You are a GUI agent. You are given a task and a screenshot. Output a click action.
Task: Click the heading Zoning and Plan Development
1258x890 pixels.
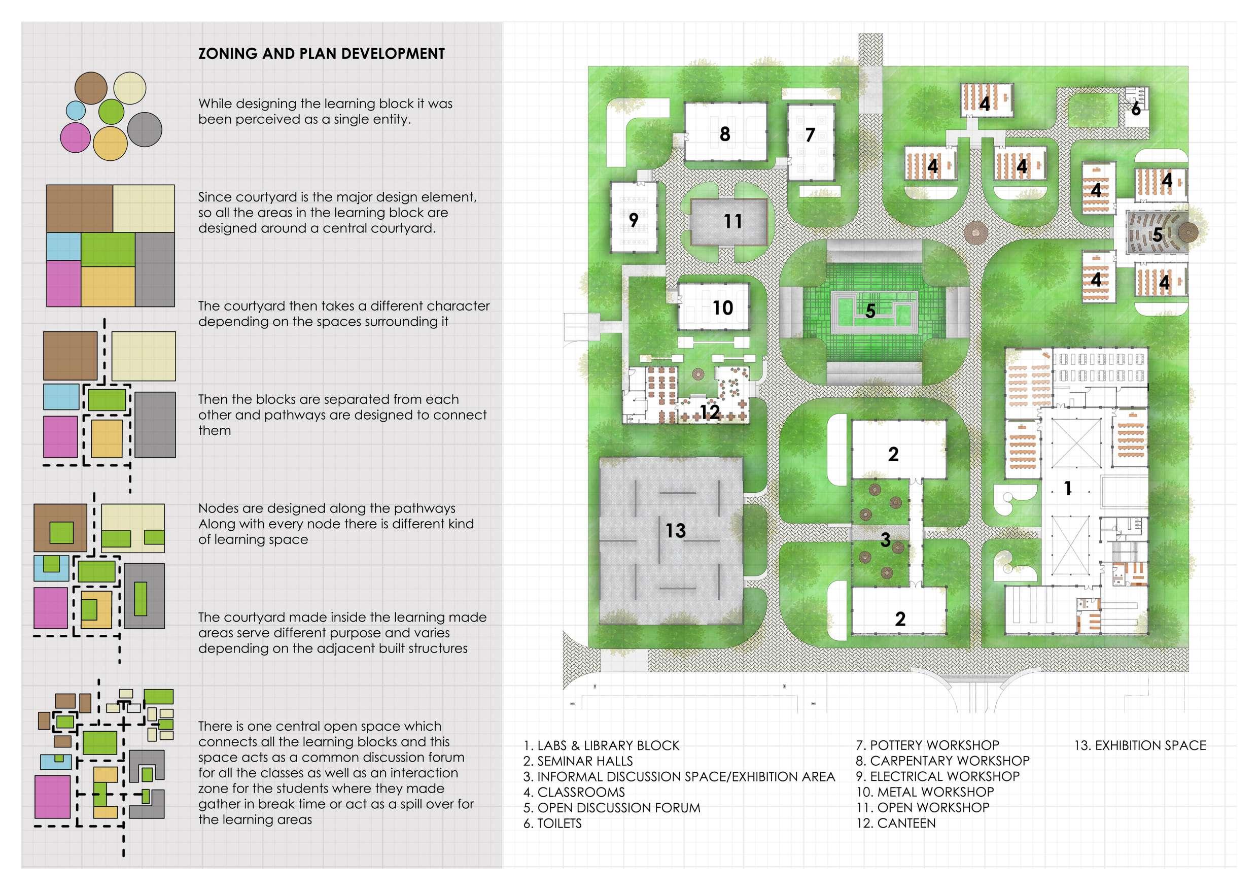click(321, 54)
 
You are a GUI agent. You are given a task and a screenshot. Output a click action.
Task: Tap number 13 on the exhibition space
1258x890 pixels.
click(675, 530)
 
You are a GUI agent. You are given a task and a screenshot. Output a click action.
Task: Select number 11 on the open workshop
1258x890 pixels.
click(732, 221)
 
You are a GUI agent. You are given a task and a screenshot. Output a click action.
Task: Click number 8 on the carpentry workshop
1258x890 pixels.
click(724, 134)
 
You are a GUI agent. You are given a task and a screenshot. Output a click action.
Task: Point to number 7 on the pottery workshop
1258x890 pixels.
click(810, 135)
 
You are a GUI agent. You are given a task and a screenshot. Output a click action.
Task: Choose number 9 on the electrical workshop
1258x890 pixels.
click(634, 220)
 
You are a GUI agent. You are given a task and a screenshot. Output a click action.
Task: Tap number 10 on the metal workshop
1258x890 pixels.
click(723, 308)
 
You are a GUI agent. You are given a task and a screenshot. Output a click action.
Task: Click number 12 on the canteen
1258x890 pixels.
click(709, 412)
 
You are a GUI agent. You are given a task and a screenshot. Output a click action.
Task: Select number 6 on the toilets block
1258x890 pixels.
click(1136, 109)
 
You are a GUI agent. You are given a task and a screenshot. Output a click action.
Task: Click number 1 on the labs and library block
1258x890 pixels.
click(1067, 488)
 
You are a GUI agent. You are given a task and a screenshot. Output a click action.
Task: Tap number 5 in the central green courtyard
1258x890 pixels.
click(870, 311)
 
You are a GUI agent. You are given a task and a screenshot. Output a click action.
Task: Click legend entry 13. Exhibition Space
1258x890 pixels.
click(1140, 745)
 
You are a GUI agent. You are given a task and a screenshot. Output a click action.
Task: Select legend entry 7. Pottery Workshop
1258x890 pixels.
click(928, 745)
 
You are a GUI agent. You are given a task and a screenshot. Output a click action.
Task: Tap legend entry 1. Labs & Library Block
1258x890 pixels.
click(601, 745)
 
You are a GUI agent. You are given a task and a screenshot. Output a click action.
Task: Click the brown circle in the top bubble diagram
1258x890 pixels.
click(91, 88)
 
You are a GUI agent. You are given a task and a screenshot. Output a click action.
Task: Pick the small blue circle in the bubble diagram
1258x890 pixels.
click(76, 110)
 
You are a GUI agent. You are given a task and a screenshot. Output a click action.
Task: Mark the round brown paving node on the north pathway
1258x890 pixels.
click(976, 232)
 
